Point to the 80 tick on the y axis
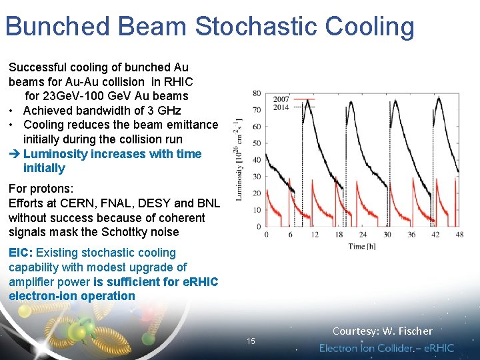257,93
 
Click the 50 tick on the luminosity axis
257,143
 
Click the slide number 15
251,341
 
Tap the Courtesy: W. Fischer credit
382,331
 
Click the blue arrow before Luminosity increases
15,154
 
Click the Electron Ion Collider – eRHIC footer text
387,348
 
